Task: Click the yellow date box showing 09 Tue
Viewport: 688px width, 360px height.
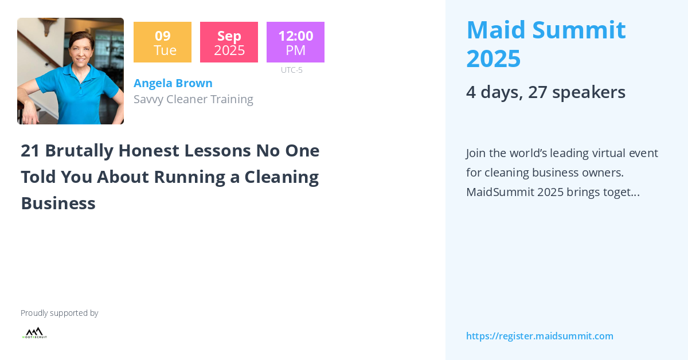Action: [x=162, y=42]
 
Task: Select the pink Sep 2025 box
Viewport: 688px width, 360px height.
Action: [x=229, y=42]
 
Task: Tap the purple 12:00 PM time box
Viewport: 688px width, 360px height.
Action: [x=295, y=42]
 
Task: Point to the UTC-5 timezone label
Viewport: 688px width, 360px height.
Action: [x=291, y=70]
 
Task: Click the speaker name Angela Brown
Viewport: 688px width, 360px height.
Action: [x=173, y=83]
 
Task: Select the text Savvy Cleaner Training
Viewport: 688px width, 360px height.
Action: [x=193, y=99]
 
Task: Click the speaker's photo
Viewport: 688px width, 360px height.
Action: [x=71, y=71]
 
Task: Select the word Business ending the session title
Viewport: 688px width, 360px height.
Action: [x=58, y=203]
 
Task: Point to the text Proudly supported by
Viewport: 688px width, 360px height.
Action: [x=59, y=313]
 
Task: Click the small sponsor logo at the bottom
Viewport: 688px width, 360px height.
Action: [x=34, y=333]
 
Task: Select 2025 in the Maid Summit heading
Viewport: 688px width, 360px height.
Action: [x=493, y=58]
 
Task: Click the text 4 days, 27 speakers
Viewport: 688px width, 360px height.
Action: [x=545, y=92]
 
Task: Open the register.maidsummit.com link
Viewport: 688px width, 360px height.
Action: [x=540, y=336]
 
